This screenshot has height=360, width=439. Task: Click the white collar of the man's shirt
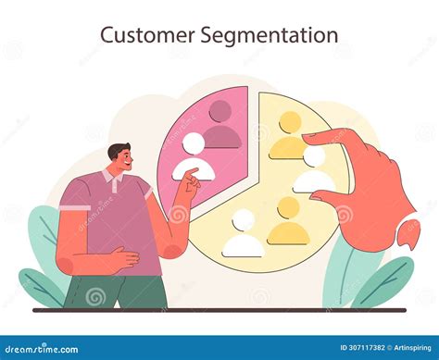(113, 180)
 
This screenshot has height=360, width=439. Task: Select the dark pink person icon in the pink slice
(221, 125)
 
